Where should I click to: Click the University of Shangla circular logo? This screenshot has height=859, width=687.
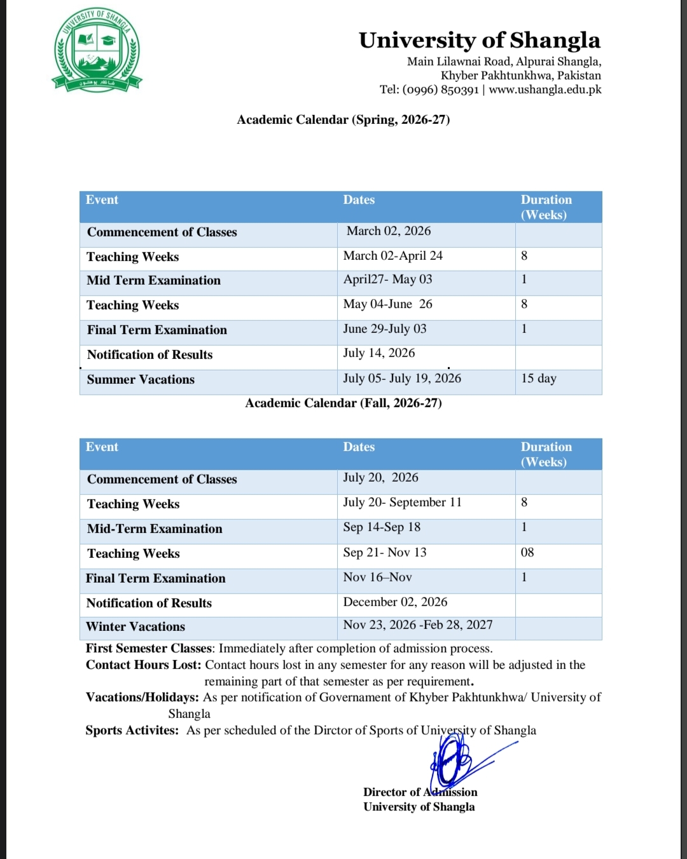click(97, 50)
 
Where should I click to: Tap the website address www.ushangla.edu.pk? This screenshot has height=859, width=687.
click(545, 90)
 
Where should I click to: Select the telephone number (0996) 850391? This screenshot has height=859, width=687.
click(440, 90)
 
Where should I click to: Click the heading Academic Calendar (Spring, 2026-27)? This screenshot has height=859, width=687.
click(343, 119)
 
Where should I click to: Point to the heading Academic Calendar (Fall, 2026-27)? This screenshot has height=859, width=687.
click(343, 403)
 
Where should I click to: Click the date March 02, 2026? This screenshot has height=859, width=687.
click(389, 231)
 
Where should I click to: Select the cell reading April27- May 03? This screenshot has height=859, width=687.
click(387, 280)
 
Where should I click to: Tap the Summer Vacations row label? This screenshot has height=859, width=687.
click(141, 379)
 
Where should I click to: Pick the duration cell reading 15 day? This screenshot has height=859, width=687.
click(538, 379)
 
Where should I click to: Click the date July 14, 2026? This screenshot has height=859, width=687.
click(379, 353)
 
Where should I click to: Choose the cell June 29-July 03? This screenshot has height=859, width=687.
click(385, 329)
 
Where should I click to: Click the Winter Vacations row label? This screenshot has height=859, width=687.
click(135, 626)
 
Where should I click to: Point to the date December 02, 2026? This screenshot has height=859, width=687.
click(395, 602)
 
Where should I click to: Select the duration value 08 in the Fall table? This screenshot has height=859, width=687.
click(527, 552)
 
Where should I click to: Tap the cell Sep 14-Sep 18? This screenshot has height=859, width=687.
click(382, 527)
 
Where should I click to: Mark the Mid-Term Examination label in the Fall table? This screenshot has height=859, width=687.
click(155, 529)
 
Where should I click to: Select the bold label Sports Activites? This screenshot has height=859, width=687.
click(132, 730)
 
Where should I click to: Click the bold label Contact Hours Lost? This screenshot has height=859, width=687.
click(144, 665)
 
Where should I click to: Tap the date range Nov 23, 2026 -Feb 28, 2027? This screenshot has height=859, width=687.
click(418, 625)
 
